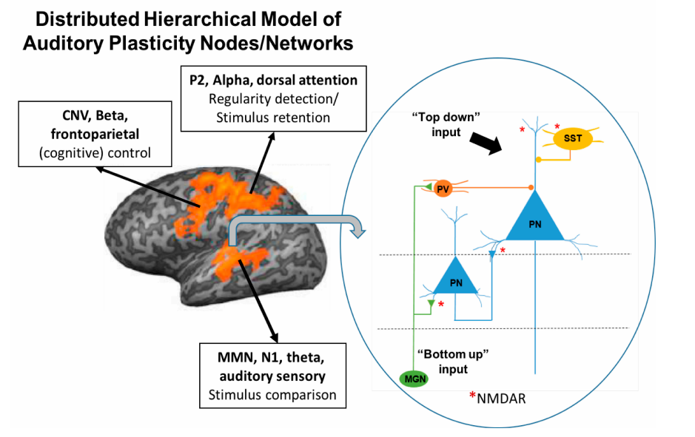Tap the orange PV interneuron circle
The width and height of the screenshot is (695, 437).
tap(443, 189)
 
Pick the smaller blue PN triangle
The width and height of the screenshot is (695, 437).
tap(456, 279)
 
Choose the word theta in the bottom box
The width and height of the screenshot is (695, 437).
tap(308, 360)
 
